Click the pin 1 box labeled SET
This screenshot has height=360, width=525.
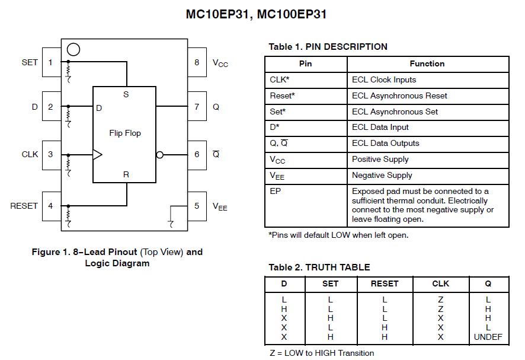coord(51,62)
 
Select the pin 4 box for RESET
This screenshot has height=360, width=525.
coord(51,206)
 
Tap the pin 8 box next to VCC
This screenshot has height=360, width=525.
coord(197,62)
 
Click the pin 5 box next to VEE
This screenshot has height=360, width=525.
coord(197,206)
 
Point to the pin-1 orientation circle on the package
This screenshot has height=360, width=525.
coord(73,49)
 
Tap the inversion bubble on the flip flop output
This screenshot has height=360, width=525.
coord(159,155)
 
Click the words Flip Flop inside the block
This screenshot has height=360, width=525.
coord(125,133)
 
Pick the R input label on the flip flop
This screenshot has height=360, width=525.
coord(126,174)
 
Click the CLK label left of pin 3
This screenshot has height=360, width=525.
coord(30,154)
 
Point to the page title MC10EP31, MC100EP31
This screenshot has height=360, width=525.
coord(256,14)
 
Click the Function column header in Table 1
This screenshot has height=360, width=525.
coord(427,64)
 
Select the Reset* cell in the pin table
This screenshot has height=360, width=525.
coord(283,95)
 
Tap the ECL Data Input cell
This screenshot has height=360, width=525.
coord(380,128)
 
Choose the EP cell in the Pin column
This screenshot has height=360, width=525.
coord(275,191)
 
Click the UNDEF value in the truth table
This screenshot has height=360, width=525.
coord(488,337)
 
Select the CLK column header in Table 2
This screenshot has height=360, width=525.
coord(440,284)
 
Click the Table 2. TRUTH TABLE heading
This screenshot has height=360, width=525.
coord(319,267)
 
